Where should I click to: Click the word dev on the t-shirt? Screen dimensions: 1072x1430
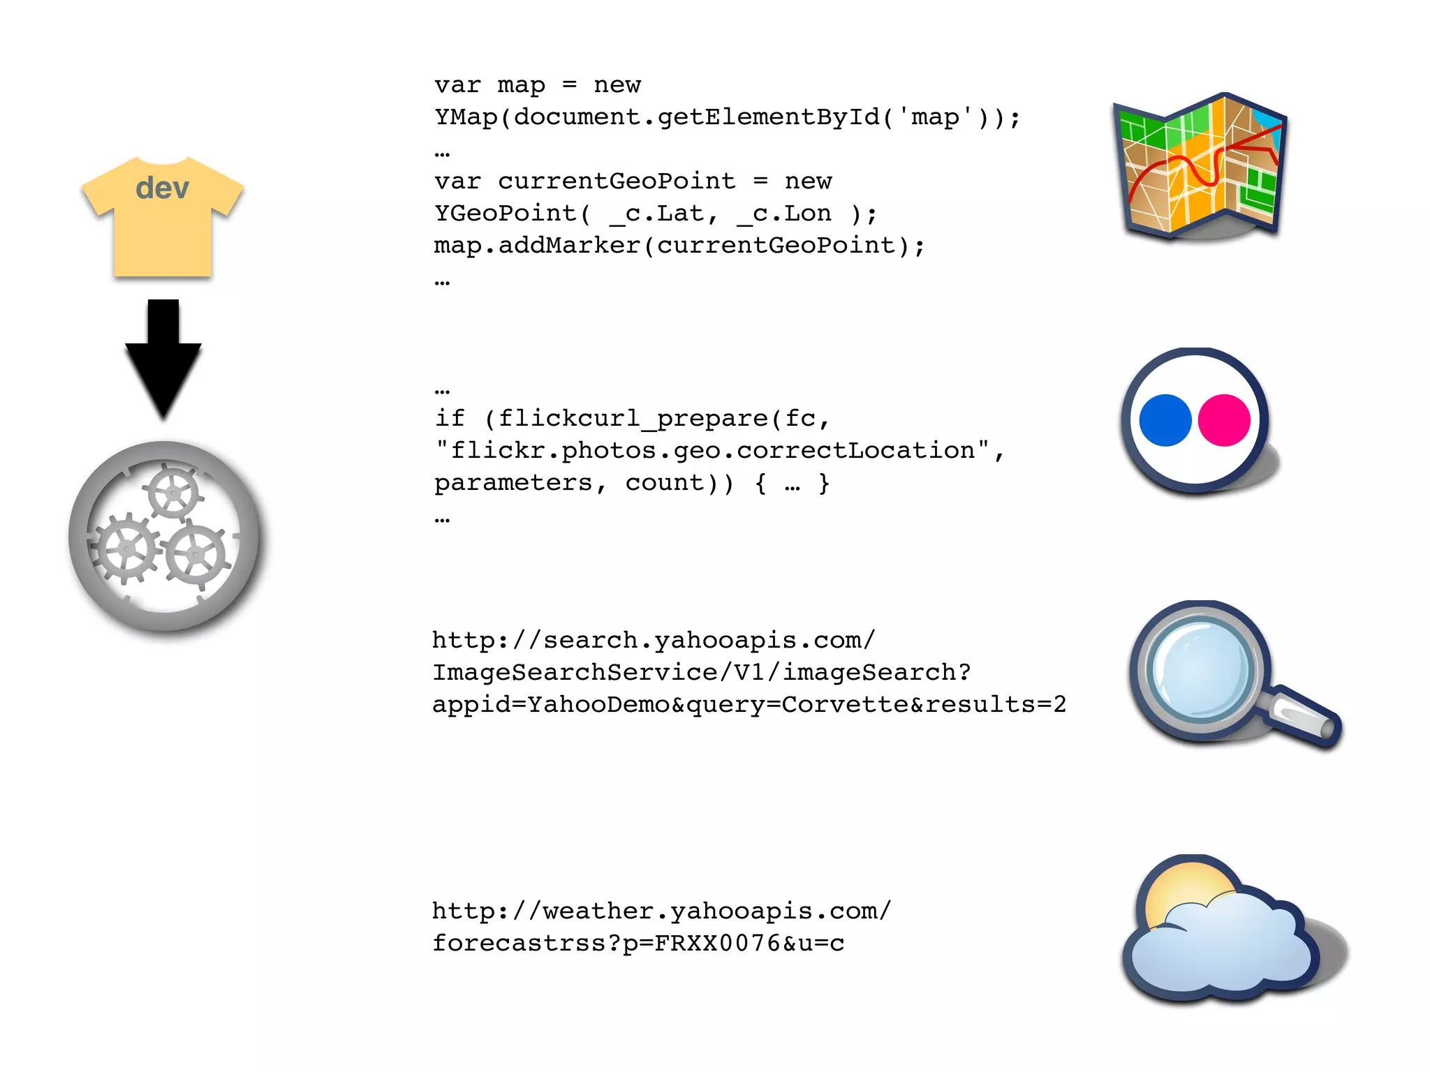[162, 188]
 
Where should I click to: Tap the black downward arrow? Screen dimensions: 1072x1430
[163, 356]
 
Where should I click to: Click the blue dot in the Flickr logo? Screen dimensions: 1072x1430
[1165, 420]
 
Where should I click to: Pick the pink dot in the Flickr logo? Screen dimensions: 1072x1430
[1224, 420]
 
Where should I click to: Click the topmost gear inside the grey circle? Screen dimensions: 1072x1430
[172, 493]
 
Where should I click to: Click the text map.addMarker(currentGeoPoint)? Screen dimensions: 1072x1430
[679, 246]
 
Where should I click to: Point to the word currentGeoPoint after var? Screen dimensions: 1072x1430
[617, 181]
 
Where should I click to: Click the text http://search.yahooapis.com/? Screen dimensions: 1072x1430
[654, 640]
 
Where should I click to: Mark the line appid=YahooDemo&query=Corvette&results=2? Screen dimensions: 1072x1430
[749, 704]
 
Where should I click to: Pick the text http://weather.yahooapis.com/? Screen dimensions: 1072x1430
[661, 911]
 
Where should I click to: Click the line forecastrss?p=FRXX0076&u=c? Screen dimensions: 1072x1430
[638, 944]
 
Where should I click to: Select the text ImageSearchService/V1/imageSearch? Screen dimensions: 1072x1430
[702, 672]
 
